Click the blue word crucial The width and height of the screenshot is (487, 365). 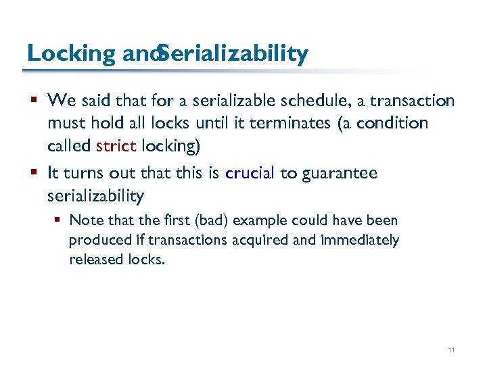[x=250, y=173]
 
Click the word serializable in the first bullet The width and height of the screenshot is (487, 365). [x=233, y=101]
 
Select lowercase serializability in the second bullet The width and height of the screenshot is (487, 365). [x=95, y=196]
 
